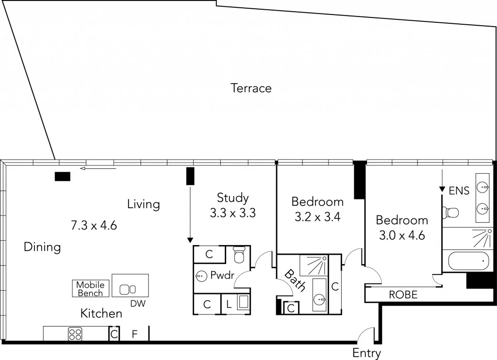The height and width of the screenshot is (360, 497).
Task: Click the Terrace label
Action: tap(251, 88)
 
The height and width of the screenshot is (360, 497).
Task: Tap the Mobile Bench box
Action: tap(90, 289)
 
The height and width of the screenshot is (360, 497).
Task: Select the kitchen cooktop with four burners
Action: tap(75, 334)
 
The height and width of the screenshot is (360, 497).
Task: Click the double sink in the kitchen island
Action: tap(128, 289)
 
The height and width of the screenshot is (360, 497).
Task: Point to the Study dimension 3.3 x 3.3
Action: tap(232, 213)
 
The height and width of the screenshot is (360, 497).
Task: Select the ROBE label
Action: tap(403, 295)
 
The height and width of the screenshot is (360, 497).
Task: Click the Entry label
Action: tap(366, 353)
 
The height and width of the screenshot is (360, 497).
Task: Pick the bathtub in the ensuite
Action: tap(466, 262)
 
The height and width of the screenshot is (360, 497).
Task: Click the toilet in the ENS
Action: tap(451, 213)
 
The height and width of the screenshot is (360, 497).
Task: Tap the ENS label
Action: tap(459, 191)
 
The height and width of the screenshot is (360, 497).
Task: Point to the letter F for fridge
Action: tap(135, 334)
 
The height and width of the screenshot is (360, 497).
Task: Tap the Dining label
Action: tap(42, 247)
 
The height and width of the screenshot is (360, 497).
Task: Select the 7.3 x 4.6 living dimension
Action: tap(94, 225)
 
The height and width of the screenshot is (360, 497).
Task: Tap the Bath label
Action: tap(294, 280)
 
